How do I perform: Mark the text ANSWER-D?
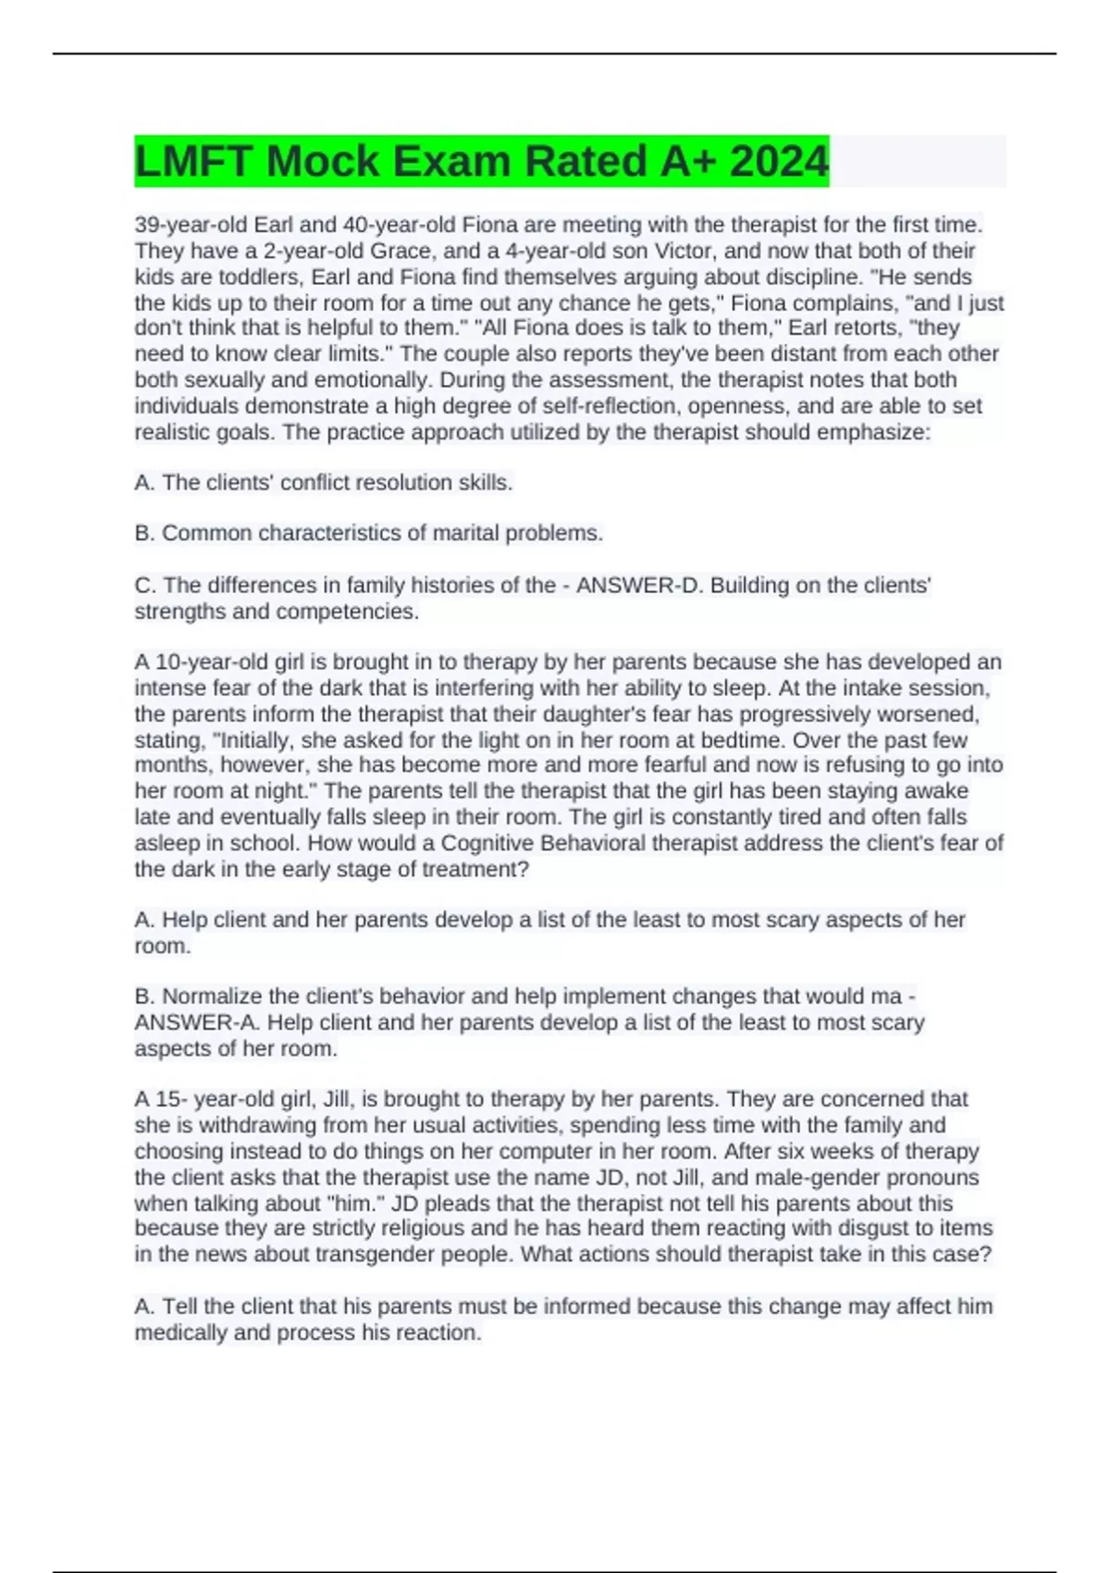[629, 585]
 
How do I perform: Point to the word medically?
[181, 1332]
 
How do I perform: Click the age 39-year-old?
[191, 225]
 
